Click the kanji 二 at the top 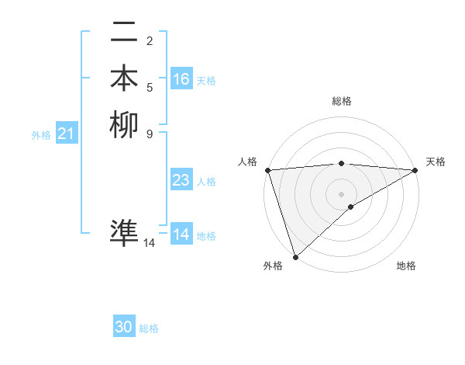point(124,34)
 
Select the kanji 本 point(124,78)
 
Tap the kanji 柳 point(124,124)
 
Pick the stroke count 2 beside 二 point(149,40)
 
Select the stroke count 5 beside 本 point(149,88)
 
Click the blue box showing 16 point(181,79)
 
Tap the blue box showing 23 point(181,180)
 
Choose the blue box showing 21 point(67,134)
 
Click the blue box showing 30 point(124,328)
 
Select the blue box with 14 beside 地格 point(181,235)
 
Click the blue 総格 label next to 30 point(149,329)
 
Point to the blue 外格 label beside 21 point(41,135)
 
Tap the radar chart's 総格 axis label point(342,101)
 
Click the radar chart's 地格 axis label point(406,266)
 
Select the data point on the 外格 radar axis point(295,256)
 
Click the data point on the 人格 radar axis point(267,170)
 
